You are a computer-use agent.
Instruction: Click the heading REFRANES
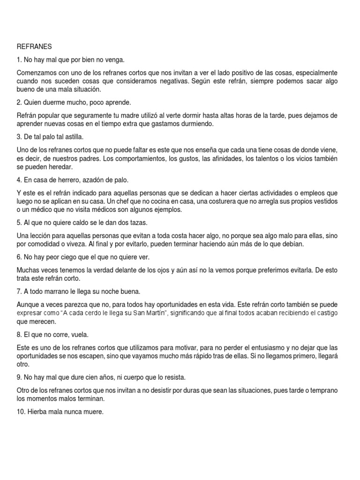point(34,46)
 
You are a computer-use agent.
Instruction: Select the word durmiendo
point(196,124)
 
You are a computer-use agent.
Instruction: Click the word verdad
point(97,270)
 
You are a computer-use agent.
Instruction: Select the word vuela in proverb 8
point(82,335)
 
